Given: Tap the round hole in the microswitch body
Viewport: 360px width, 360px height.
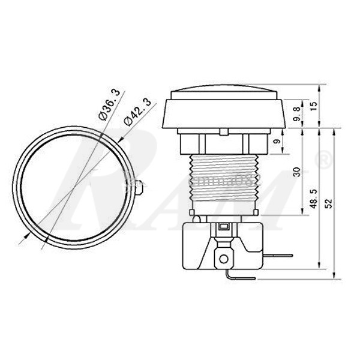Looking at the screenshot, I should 224,259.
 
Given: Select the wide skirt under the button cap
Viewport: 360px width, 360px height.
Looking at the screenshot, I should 223,115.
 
